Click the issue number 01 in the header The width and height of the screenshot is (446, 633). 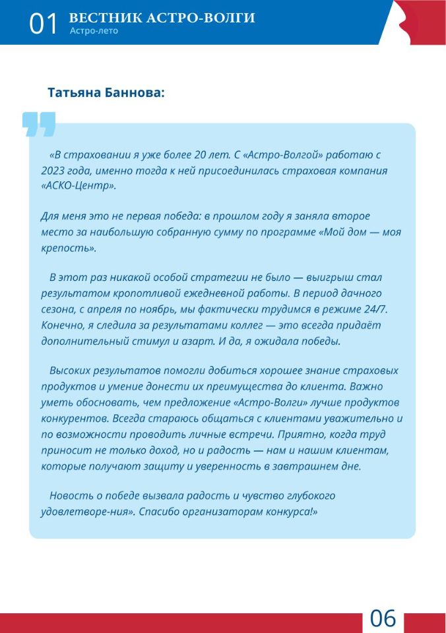44,24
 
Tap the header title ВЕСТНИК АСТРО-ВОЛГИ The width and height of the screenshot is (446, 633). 162,18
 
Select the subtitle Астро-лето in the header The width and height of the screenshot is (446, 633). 93,31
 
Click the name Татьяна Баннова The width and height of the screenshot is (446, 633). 106,93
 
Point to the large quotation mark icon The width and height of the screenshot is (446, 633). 39,124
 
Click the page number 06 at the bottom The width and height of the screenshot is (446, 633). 383,619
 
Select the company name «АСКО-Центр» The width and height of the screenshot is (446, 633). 79,186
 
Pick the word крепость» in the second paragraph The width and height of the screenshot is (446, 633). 69,248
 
